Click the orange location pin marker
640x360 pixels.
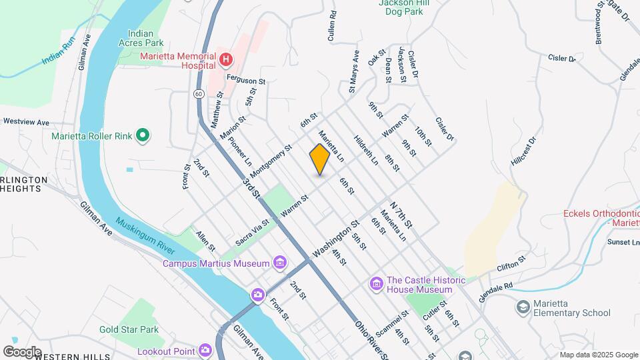320,159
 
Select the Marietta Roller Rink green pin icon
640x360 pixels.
142,136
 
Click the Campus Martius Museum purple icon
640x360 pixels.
279,263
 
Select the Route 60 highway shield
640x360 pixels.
199,94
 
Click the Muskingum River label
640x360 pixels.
145,235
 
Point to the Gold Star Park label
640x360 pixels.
129,329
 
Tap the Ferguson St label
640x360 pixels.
246,80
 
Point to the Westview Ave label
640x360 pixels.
26,122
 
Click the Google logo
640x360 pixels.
22,351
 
